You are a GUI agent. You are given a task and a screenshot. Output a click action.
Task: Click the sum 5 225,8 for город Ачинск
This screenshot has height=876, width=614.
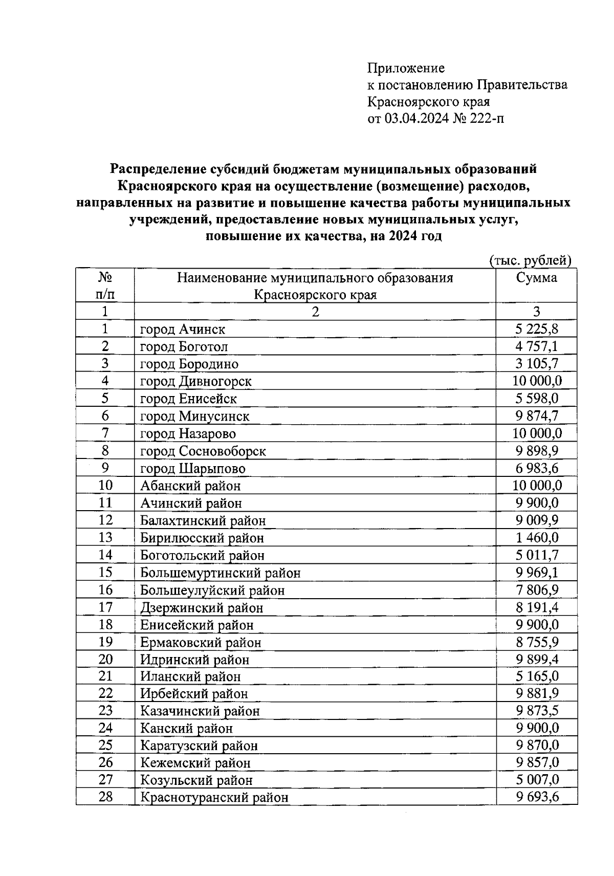pyautogui.click(x=536, y=329)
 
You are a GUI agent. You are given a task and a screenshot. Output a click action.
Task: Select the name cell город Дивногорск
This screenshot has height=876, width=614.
pyautogui.click(x=195, y=381)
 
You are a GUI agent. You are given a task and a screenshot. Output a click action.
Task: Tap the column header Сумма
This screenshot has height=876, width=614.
pyautogui.click(x=536, y=278)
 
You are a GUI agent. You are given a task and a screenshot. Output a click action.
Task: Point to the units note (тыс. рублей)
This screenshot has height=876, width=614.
pyautogui.click(x=530, y=260)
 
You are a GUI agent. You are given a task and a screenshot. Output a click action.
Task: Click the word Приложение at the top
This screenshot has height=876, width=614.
pyautogui.click(x=406, y=68)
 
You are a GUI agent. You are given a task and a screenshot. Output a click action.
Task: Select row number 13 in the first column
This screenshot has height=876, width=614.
pyautogui.click(x=105, y=537)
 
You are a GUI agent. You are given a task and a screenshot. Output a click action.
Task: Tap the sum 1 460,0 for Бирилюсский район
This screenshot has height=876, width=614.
pyautogui.click(x=536, y=538)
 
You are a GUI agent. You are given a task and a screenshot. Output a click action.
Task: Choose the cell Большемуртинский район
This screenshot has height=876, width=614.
pyautogui.click(x=220, y=573)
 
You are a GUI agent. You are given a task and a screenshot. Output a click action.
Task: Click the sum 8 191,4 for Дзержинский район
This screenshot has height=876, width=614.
pyautogui.click(x=536, y=607)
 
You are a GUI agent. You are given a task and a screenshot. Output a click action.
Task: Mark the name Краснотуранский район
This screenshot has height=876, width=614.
pyautogui.click(x=214, y=798)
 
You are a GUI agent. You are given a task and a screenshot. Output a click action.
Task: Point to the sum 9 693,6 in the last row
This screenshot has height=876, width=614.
pyautogui.click(x=536, y=797)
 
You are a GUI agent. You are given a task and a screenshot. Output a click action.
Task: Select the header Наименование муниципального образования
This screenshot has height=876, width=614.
pyautogui.click(x=315, y=278)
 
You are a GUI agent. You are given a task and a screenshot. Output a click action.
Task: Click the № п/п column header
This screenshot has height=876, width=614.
pyautogui.click(x=105, y=286)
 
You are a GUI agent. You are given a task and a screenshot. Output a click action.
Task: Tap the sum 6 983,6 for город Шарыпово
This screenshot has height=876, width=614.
pyautogui.click(x=536, y=468)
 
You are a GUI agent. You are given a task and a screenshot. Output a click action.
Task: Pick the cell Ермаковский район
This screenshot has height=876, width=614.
pyautogui.click(x=201, y=642)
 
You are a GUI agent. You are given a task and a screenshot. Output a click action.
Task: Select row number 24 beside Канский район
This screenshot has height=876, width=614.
pyautogui.click(x=105, y=728)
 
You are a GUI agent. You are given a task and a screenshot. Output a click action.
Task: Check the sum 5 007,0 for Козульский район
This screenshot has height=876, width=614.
pyautogui.click(x=536, y=780)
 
